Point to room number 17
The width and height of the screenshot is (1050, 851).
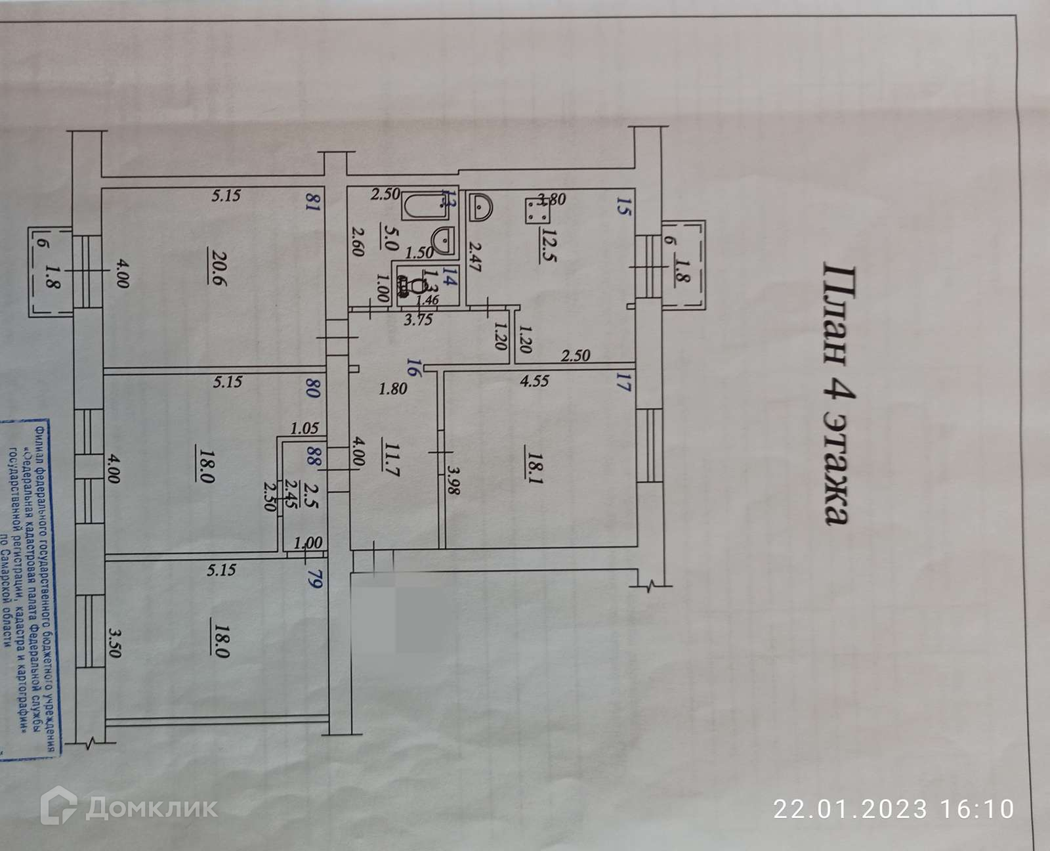pyautogui.click(x=623, y=382)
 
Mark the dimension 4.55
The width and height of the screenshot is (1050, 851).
pyautogui.click(x=534, y=380)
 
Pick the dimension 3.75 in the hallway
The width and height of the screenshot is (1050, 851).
pyautogui.click(x=418, y=320)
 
